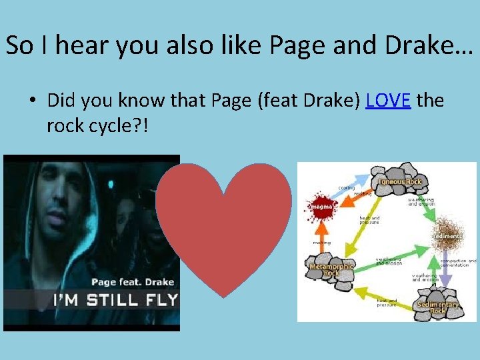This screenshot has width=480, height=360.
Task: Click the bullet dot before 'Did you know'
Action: tap(32, 101)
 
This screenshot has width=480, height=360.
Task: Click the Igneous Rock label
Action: tap(400, 181)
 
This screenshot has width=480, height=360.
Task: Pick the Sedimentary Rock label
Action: tap(437, 307)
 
